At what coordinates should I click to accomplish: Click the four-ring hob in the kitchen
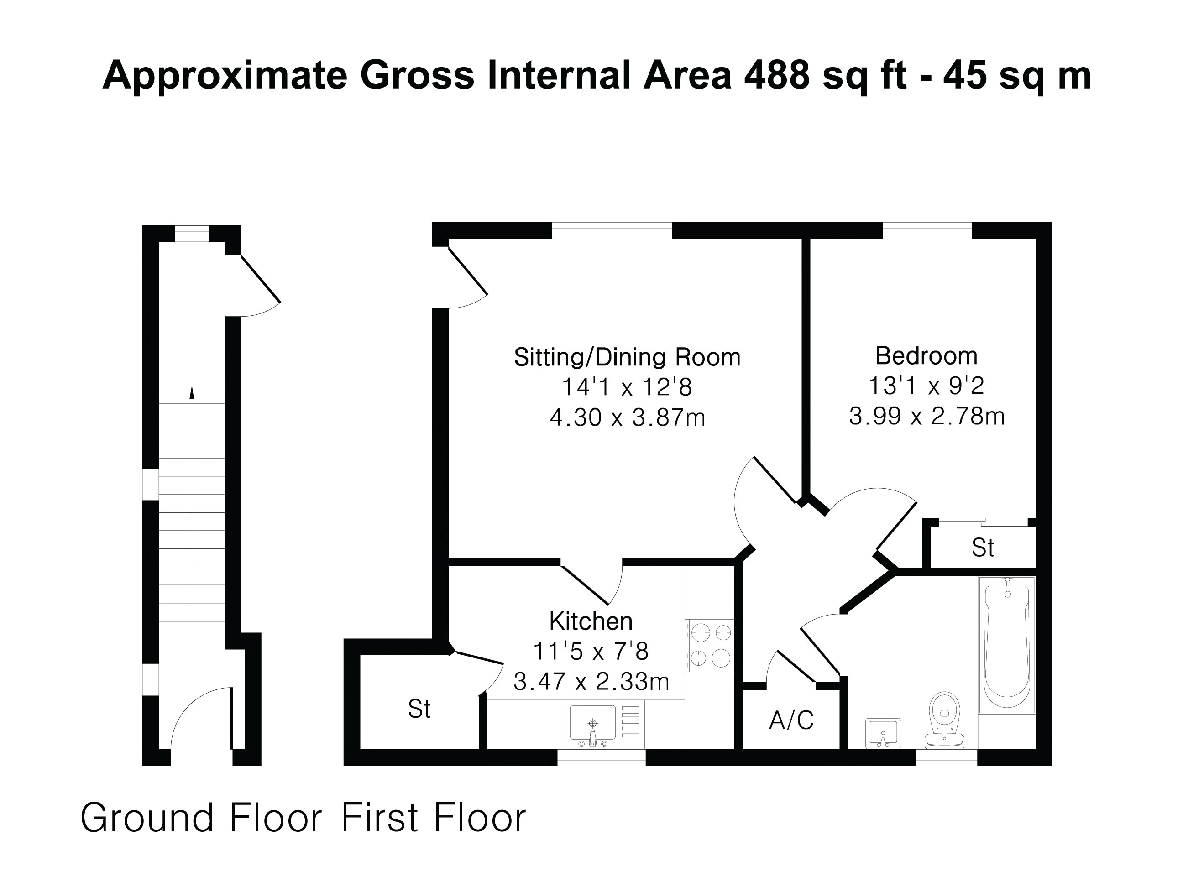tap(710, 645)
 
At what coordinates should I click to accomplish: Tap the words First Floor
tap(434, 819)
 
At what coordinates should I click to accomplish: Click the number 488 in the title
tap(777, 75)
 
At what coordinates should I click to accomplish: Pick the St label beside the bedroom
tap(983, 548)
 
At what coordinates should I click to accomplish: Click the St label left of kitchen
tap(419, 710)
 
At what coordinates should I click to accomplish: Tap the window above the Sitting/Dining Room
tap(612, 231)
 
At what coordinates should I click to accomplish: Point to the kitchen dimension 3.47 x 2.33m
tap(591, 682)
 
